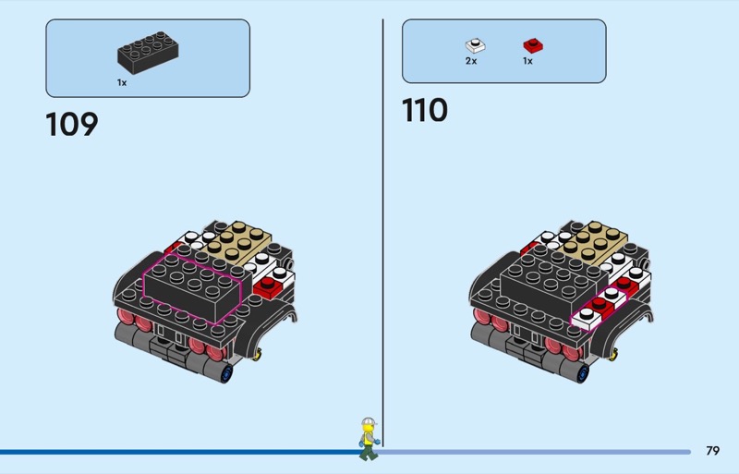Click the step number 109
click(x=71, y=124)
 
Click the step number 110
click(x=424, y=110)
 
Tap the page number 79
click(x=712, y=451)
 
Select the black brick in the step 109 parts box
click(x=148, y=55)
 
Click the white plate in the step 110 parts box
click(x=476, y=44)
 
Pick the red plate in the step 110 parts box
click(x=531, y=44)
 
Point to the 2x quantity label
click(x=471, y=61)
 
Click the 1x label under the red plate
click(x=527, y=61)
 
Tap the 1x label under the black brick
click(x=122, y=82)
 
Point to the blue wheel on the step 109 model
click(x=226, y=373)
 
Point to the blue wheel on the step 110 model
click(x=582, y=373)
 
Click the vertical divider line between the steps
click(x=382, y=231)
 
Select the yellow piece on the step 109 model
click(x=260, y=352)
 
